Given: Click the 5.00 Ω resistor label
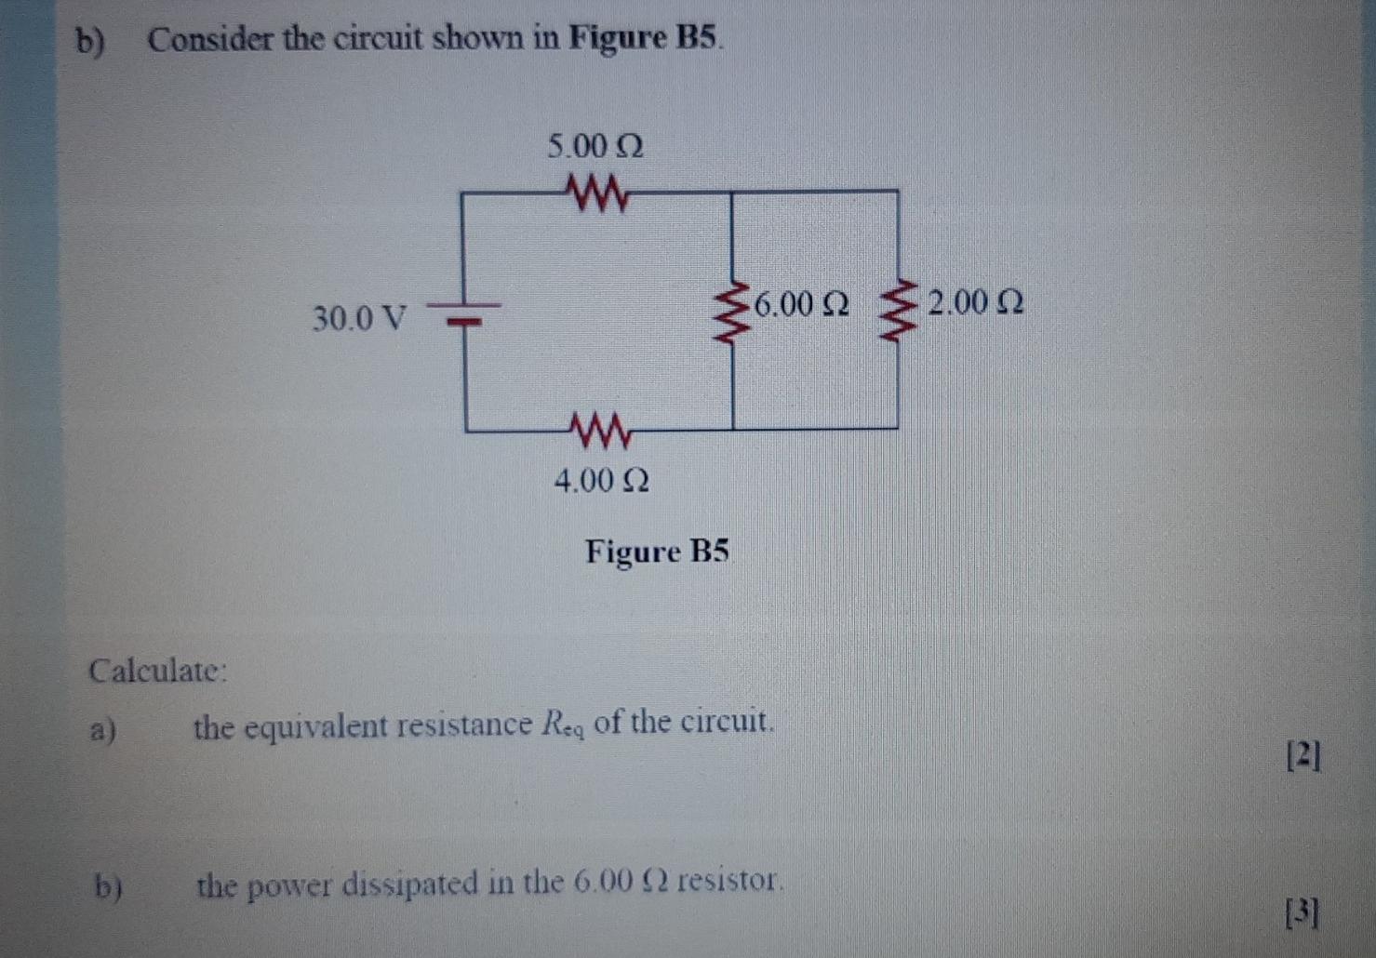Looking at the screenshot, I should coord(595,147).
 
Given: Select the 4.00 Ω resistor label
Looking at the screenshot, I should coord(601,481).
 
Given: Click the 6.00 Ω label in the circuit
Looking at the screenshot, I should coord(801,304).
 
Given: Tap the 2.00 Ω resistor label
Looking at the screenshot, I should coord(976,303).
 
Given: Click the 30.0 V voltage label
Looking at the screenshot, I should coord(359,319).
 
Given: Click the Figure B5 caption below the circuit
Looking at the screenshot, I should coord(657,552).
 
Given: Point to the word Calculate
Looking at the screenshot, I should coord(157,671).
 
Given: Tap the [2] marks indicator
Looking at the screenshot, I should coord(1303,757).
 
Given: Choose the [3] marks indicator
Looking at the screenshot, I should coord(1302,914).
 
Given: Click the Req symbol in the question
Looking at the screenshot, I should coord(562,725).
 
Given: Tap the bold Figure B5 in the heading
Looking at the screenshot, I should coord(645,38).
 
